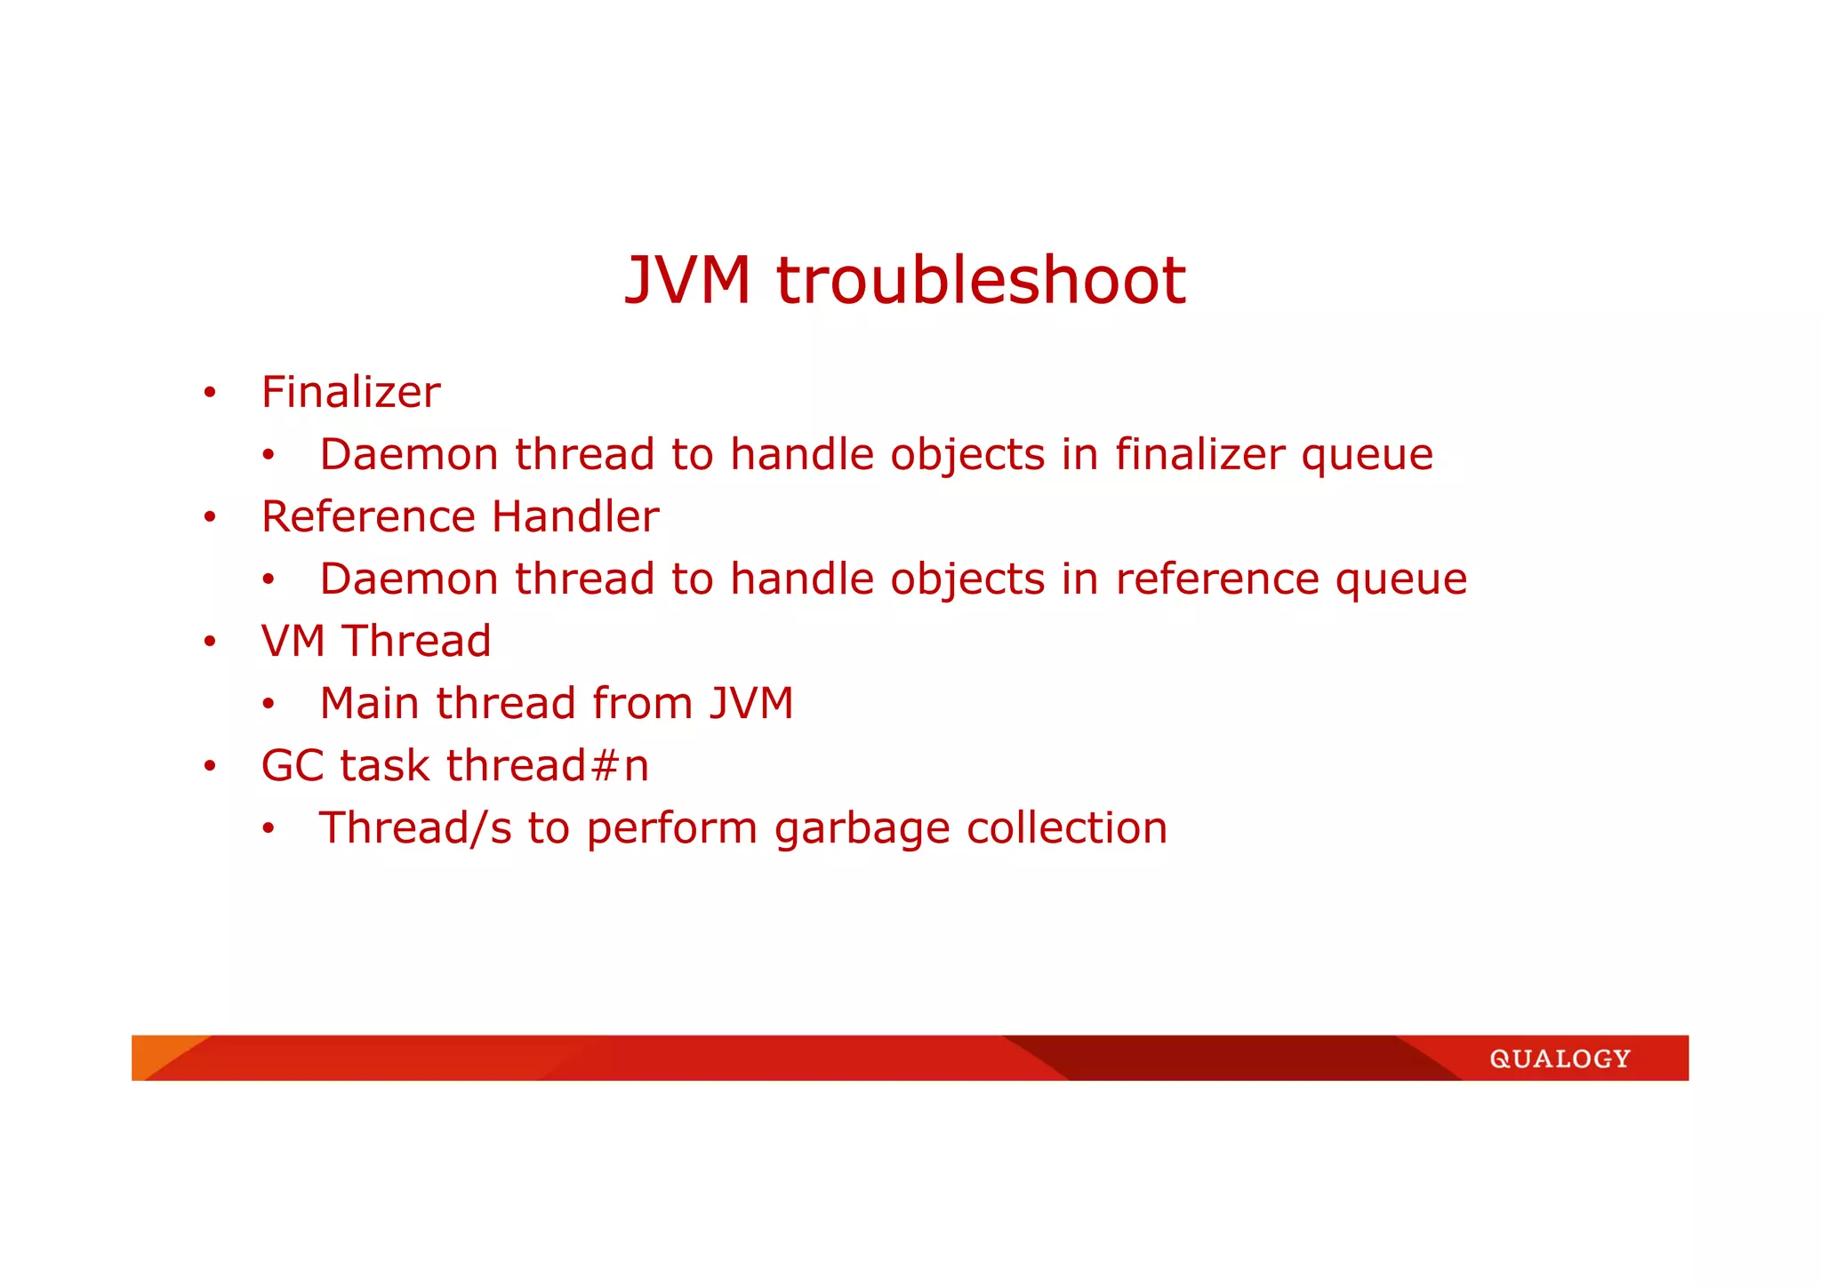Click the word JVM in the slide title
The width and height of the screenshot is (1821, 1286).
687,281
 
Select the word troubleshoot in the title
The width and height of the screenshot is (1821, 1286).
981,281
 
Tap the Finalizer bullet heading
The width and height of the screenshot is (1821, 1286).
350,393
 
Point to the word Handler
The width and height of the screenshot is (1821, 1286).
575,517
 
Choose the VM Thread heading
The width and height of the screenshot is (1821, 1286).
375,642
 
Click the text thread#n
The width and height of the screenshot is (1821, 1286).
547,766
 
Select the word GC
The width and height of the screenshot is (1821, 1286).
293,766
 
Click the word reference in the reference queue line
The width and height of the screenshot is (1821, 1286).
1216,579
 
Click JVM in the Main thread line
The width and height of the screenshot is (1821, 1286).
751,704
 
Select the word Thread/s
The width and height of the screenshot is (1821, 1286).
415,828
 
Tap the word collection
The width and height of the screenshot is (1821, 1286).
1066,828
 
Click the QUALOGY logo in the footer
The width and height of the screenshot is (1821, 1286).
1560,1058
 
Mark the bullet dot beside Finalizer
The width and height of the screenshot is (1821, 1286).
209,393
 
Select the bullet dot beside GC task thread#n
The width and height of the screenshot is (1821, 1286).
209,766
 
